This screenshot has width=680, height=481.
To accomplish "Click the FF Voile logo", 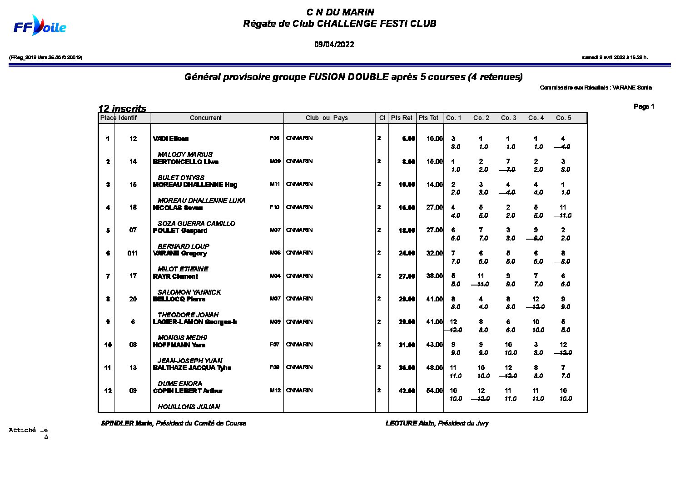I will pos(40,26).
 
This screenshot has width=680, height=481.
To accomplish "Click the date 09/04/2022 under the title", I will pos(334,45).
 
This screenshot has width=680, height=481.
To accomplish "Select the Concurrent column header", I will pos(205,118).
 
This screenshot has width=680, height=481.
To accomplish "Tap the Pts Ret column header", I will pos(402,118).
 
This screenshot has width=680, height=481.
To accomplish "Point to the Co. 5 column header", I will pos(563,118).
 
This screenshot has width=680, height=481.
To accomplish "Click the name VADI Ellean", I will pos(171,139).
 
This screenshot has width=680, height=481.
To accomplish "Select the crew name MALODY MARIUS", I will pos(185,155).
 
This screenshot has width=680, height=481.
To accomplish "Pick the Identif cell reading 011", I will pos(132,253).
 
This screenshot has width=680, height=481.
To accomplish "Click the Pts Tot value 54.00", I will pos(434,391).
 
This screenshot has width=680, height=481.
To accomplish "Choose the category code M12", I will pos(275,391).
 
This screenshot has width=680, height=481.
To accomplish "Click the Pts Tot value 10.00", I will pos(434,139).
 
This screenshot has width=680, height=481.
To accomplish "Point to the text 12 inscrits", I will pos(122,109).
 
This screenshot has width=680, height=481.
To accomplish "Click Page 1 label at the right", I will pos(644,106).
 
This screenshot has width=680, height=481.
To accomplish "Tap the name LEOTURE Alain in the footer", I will pos(410,423).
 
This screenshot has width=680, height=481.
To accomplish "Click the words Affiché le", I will pos(28,430).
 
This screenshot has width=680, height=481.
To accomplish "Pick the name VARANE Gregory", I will pos(180,253).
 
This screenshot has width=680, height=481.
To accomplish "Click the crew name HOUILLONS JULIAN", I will pos(189,407).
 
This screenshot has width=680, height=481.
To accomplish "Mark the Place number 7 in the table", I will pos(108,276).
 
